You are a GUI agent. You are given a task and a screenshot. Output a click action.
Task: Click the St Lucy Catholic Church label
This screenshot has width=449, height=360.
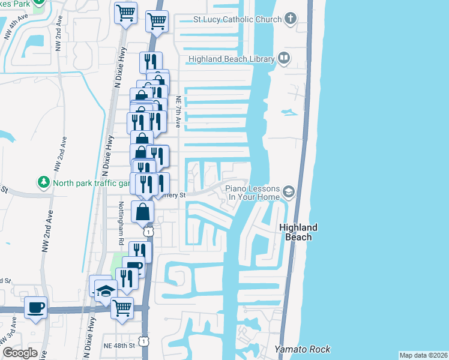pyautogui.click(x=237, y=19)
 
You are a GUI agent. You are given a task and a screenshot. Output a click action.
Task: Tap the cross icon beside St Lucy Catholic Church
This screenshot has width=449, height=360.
pyautogui.click(x=290, y=18)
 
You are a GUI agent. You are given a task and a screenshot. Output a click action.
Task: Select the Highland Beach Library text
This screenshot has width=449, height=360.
pyautogui.click(x=231, y=59)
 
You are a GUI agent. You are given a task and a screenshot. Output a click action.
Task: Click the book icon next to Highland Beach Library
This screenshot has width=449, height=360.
pyautogui.click(x=284, y=58)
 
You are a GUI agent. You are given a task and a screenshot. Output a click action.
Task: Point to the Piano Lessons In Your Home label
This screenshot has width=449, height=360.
pyautogui.click(x=252, y=193)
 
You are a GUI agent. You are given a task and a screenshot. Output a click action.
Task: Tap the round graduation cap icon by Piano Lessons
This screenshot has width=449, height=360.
pyautogui.click(x=289, y=191)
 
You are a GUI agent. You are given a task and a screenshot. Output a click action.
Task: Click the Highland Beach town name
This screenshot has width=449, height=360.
pyautogui.click(x=298, y=232)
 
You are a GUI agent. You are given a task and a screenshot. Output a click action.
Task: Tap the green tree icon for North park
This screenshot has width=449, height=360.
pyautogui.click(x=43, y=181)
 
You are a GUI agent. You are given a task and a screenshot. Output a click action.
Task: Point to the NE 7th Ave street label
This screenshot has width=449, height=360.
pyautogui.click(x=178, y=112)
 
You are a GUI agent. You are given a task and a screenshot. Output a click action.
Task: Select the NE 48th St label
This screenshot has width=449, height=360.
pyautogui.click(x=118, y=346)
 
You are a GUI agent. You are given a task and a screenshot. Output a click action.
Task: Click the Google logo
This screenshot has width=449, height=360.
pyautogui.click(x=20, y=353)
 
